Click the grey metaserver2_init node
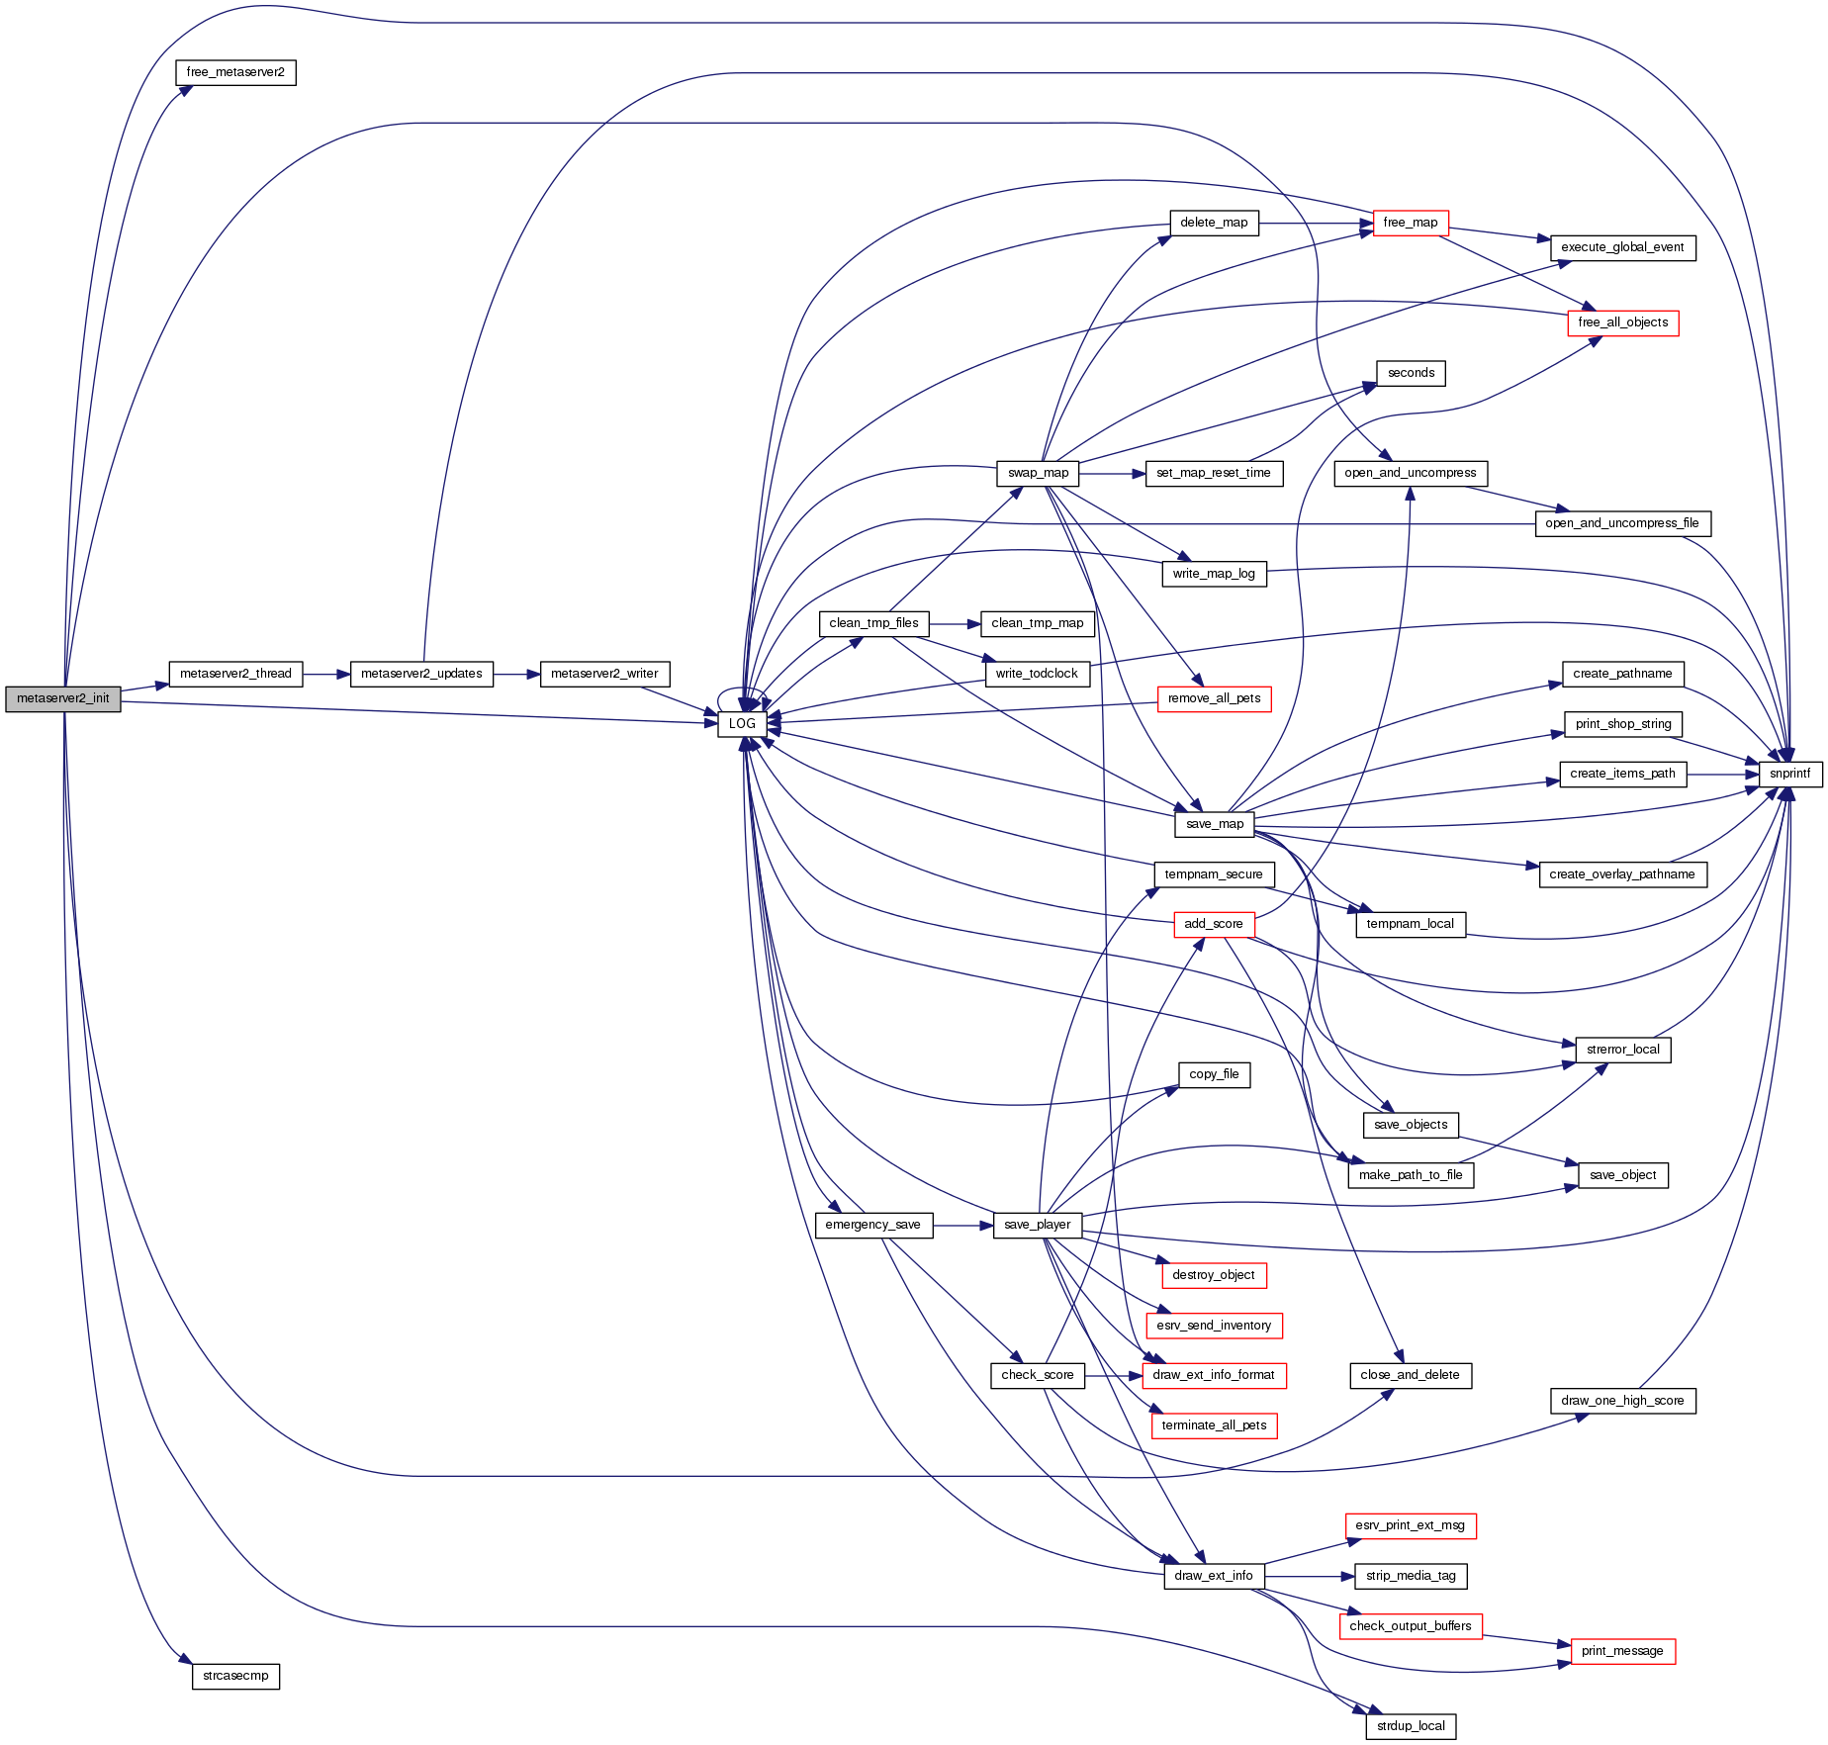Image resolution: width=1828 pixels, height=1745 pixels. coord(62,698)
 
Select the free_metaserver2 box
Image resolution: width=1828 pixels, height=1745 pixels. coord(235,72)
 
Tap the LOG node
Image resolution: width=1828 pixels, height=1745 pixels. coord(742,723)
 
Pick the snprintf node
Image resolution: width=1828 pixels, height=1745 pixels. coord(1789,774)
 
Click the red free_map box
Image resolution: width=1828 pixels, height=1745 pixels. coord(1410,223)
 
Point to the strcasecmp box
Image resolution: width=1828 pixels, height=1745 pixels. coord(235,1676)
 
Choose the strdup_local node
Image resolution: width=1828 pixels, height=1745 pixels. coord(1410,1726)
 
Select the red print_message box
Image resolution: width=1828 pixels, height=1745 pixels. coord(1622,1651)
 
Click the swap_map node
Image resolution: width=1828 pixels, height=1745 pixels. coord(1038,473)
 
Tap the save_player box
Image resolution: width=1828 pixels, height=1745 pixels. coord(1037,1225)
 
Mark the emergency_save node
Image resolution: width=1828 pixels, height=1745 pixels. coord(872,1225)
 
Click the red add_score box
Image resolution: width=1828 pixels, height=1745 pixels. coord(1213,924)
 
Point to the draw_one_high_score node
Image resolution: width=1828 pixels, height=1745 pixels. coord(1622,1401)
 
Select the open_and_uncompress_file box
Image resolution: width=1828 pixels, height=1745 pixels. coord(1621,523)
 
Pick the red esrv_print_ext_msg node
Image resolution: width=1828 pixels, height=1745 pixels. coord(1410,1525)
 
